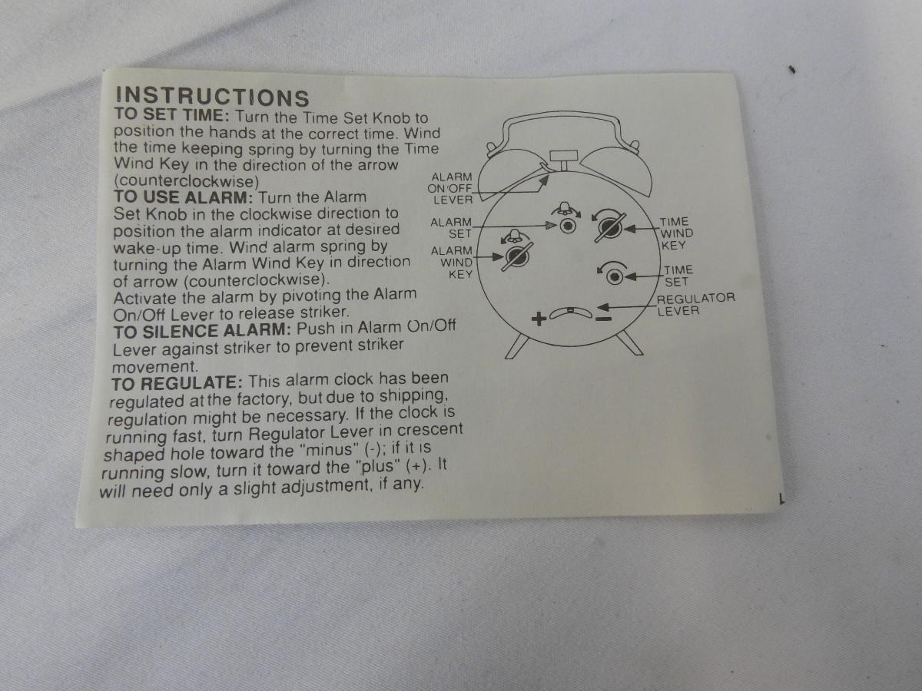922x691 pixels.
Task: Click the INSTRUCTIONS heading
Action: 213,97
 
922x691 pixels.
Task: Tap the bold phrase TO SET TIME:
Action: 172,115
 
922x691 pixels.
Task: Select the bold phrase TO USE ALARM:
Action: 184,197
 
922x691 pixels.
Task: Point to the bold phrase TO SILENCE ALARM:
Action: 202,331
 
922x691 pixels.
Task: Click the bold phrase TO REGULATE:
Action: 177,383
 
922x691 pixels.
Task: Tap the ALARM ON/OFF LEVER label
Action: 450,188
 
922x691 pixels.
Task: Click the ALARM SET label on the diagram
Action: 451,227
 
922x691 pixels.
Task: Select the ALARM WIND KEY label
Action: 452,263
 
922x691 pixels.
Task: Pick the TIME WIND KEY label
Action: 676,233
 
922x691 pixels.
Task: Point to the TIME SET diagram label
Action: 678,276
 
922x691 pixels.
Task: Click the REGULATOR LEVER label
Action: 695,305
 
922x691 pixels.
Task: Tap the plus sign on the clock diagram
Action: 539,319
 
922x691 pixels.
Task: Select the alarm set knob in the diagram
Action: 569,226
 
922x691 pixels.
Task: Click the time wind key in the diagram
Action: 610,228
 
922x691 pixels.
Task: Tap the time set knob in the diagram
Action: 615,277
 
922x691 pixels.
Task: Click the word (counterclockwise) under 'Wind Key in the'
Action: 186,182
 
